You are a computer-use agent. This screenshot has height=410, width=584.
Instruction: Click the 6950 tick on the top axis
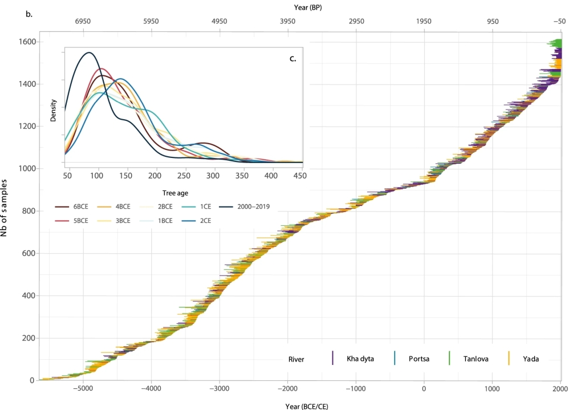pos(83,22)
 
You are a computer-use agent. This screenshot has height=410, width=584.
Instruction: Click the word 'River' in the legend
pos(296,359)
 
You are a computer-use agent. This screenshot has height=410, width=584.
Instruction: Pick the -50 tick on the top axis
pos(559,22)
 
